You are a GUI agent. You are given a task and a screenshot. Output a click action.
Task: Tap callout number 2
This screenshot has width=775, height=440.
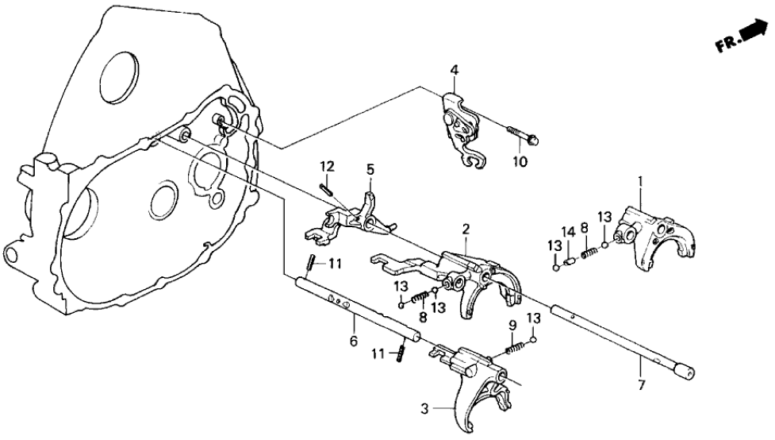(x=466, y=230)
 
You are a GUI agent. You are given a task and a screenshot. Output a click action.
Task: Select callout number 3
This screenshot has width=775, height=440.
(x=427, y=410)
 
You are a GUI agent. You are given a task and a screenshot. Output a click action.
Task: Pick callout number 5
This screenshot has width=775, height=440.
(x=370, y=169)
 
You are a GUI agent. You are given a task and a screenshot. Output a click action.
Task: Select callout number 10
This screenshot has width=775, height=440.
(x=521, y=163)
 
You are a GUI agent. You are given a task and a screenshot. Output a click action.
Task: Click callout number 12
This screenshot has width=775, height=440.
(x=327, y=166)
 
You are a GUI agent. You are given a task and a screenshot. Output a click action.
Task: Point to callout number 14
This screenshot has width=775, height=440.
(x=567, y=231)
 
